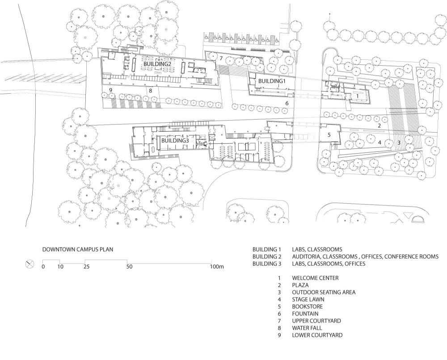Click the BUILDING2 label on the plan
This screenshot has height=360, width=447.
(x=157, y=64)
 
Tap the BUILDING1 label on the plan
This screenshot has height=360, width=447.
(x=272, y=81)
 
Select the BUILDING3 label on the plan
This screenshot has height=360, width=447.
(x=175, y=141)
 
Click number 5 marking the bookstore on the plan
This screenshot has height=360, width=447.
(x=329, y=135)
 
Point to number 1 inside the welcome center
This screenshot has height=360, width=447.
(x=357, y=96)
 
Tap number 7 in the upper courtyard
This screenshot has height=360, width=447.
(x=221, y=59)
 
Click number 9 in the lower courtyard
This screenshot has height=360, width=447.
(x=110, y=90)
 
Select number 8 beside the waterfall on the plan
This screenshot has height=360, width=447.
(x=151, y=91)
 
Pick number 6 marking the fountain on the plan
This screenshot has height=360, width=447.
(x=287, y=103)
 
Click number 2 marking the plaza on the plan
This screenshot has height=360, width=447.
(x=379, y=126)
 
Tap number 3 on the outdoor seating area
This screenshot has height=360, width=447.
(x=399, y=142)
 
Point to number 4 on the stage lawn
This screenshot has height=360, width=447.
(x=380, y=142)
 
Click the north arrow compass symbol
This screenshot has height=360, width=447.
(x=30, y=264)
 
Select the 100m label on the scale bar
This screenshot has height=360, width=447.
(x=217, y=267)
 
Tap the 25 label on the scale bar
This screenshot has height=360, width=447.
(x=86, y=267)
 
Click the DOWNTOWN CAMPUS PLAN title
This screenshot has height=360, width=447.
(x=78, y=250)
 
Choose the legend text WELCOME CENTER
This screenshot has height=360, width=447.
(x=315, y=278)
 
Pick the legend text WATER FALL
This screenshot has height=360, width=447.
(x=307, y=328)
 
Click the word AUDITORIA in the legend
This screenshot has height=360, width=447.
(x=305, y=257)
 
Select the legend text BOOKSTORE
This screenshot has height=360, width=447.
(x=308, y=307)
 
